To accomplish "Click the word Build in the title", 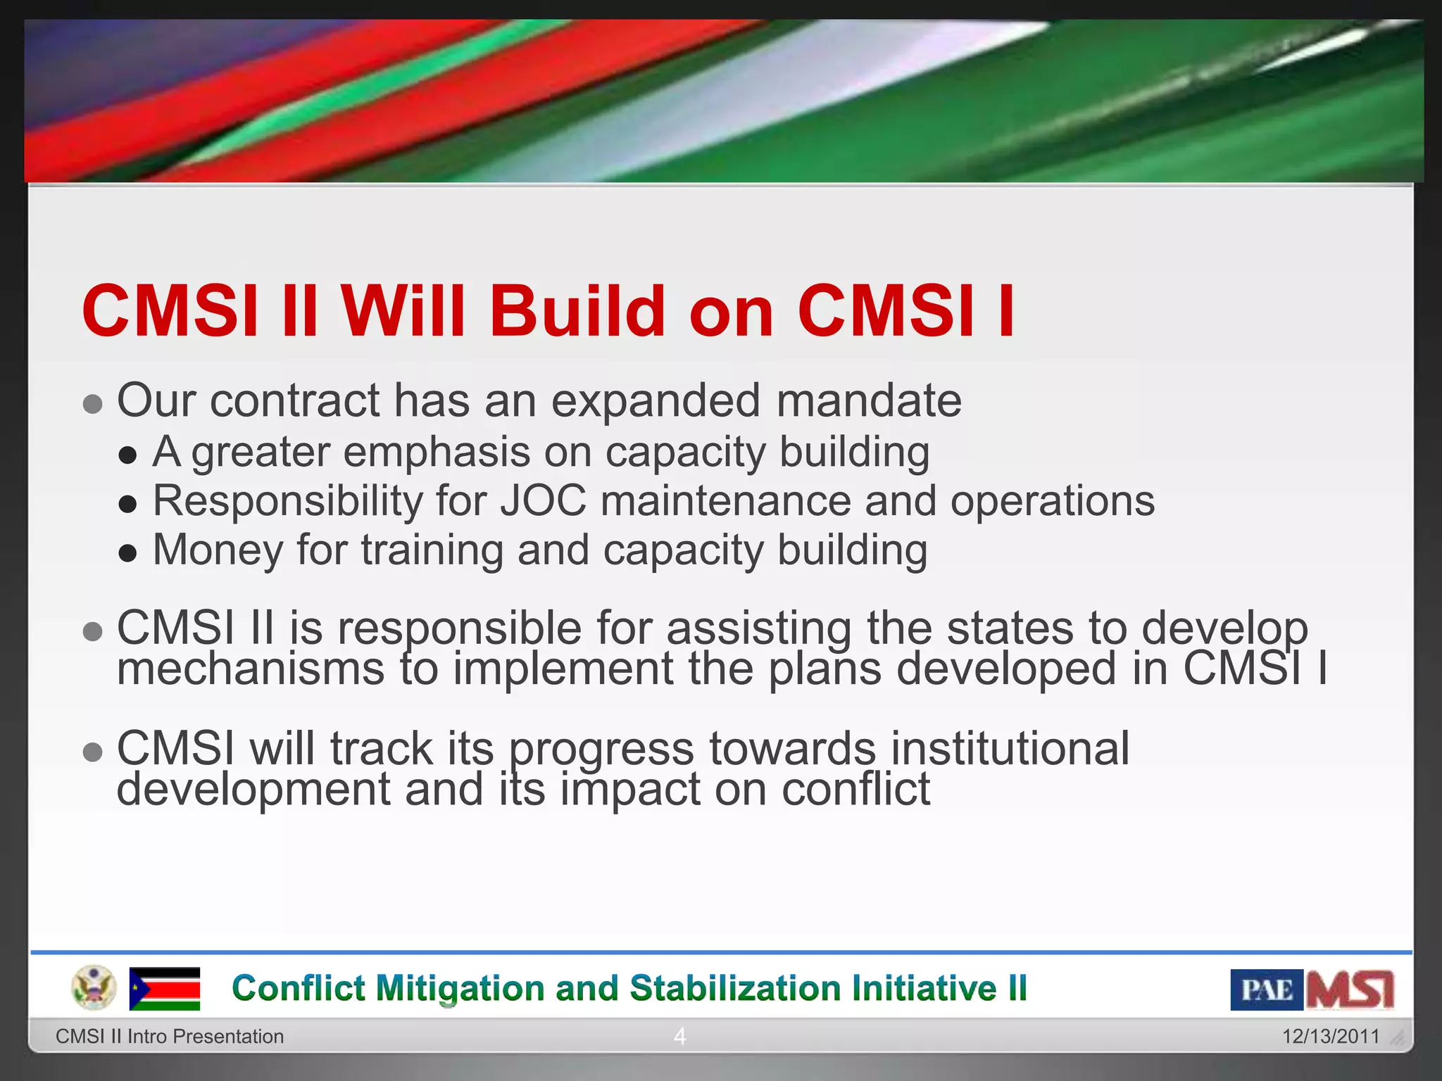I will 577,311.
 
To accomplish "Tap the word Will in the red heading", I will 403,311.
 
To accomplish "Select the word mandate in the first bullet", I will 868,400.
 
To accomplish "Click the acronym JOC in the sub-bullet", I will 543,501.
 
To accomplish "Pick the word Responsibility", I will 287,501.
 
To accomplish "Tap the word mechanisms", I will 250,669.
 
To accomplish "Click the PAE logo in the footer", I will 1266,990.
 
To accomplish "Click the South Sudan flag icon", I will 165,989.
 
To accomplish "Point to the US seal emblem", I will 94,987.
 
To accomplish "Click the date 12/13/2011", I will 1330,1036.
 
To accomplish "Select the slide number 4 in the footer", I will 679,1036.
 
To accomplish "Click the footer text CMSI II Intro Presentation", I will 170,1036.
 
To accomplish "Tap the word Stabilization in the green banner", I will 735,988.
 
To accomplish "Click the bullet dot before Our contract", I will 93,405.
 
